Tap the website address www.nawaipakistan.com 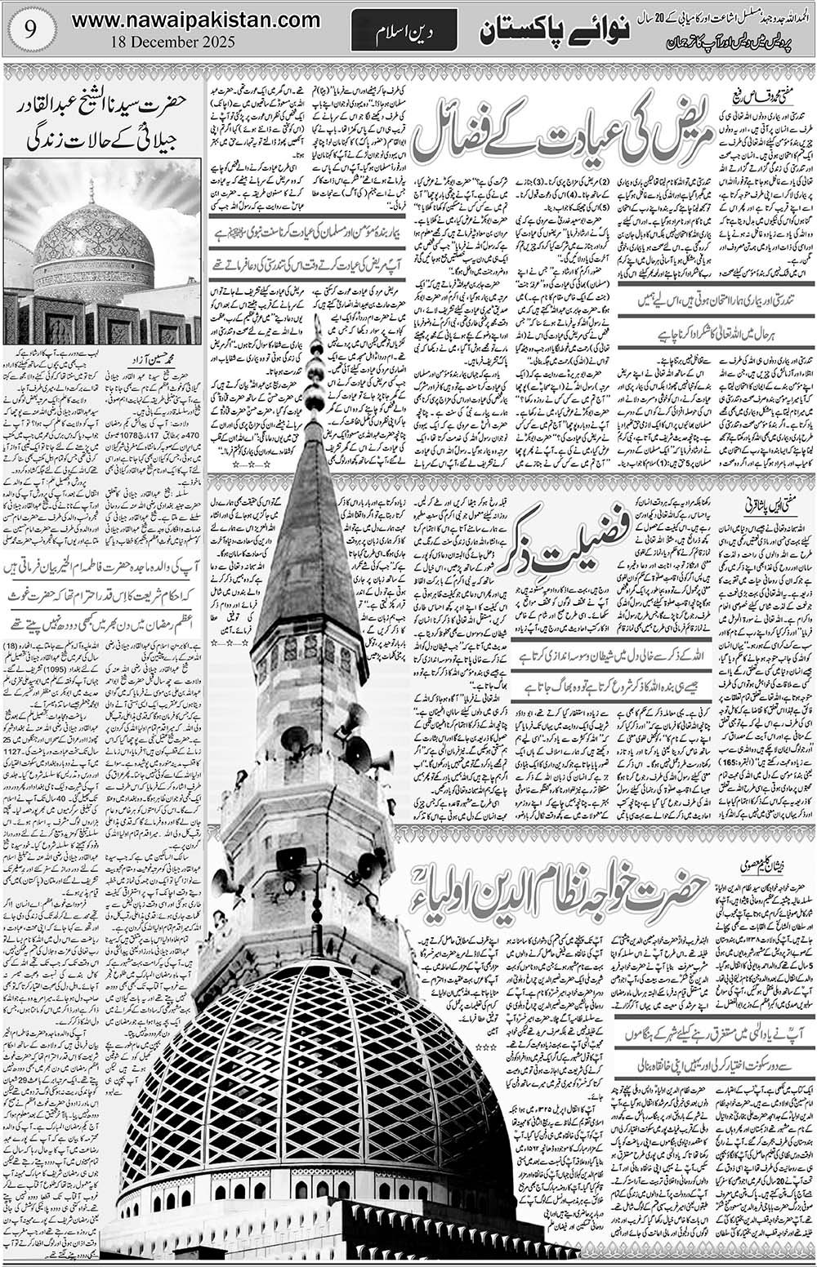coord(195,19)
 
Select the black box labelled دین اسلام coord(404,34)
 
